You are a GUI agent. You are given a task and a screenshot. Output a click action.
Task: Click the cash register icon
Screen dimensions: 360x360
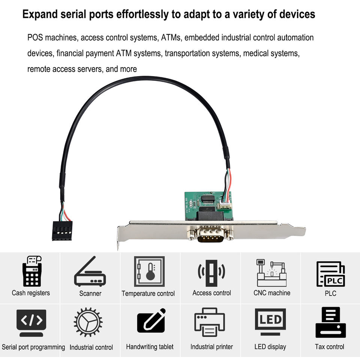tap(31, 271)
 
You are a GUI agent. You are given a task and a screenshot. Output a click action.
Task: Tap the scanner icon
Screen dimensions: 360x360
tap(90, 273)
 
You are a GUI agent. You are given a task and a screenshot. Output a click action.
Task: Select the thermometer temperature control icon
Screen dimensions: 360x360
tap(149, 271)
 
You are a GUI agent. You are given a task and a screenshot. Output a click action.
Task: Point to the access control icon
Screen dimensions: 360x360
tap(211, 271)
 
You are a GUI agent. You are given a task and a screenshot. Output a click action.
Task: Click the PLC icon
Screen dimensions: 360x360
tap(330, 274)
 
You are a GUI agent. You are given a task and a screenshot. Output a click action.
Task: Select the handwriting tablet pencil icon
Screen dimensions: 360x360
tap(151, 321)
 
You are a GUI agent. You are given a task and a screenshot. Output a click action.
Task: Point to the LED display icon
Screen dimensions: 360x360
tap(270, 322)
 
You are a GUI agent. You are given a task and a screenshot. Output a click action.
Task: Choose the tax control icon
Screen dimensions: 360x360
tap(330, 322)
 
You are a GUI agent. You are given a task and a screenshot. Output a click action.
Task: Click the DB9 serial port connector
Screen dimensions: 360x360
tap(210, 235)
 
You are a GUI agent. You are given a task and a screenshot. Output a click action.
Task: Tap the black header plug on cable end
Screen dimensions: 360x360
tap(62, 230)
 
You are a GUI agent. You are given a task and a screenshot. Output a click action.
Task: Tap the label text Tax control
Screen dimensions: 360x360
tap(330, 347)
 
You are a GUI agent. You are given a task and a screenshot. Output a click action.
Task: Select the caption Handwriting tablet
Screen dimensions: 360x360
tap(150, 347)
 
